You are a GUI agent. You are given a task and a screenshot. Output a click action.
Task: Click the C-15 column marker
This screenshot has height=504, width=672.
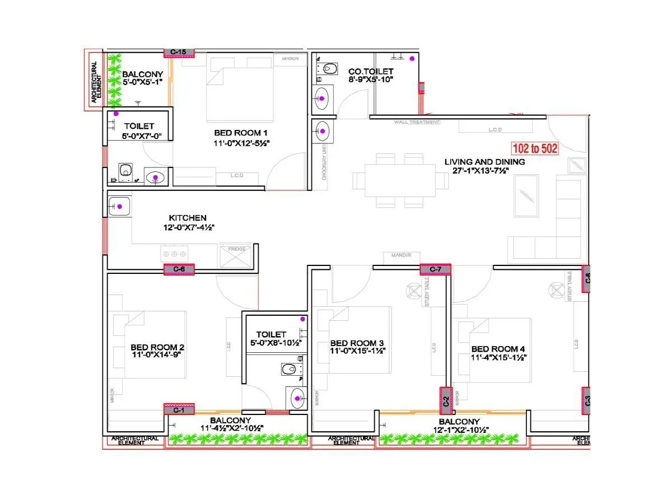pos(179,52)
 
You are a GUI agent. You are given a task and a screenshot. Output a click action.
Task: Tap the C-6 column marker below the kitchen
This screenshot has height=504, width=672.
pos(179,269)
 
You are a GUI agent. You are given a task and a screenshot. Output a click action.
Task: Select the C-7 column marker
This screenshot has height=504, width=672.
pos(436,270)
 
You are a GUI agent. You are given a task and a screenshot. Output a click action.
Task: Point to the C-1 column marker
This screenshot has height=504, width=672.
pos(179,410)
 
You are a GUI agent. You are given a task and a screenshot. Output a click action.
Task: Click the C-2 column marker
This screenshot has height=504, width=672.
pos(446,401)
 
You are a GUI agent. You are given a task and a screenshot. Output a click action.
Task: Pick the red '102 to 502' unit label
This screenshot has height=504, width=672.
pos(535,150)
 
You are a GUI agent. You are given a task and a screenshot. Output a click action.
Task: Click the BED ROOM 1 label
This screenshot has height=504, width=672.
pos(241,133)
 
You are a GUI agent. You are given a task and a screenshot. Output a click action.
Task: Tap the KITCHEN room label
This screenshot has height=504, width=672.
pos(188,217)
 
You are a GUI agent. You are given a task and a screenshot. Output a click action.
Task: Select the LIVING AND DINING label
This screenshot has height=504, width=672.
pos(484,162)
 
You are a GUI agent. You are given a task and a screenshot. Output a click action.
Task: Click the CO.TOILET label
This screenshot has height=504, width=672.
pos(371,72)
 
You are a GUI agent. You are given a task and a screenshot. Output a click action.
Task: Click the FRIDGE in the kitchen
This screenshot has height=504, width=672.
pos(236,256)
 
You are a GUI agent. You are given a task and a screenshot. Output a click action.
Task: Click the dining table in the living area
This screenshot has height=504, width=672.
pos(400,180)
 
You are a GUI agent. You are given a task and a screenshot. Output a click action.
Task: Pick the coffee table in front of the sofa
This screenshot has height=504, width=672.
pos(527,195)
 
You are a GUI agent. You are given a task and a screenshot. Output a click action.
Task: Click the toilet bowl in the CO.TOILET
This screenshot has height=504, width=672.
pos(330,69)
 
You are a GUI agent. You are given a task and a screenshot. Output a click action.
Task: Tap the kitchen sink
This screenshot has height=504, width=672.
pos(119,207)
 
